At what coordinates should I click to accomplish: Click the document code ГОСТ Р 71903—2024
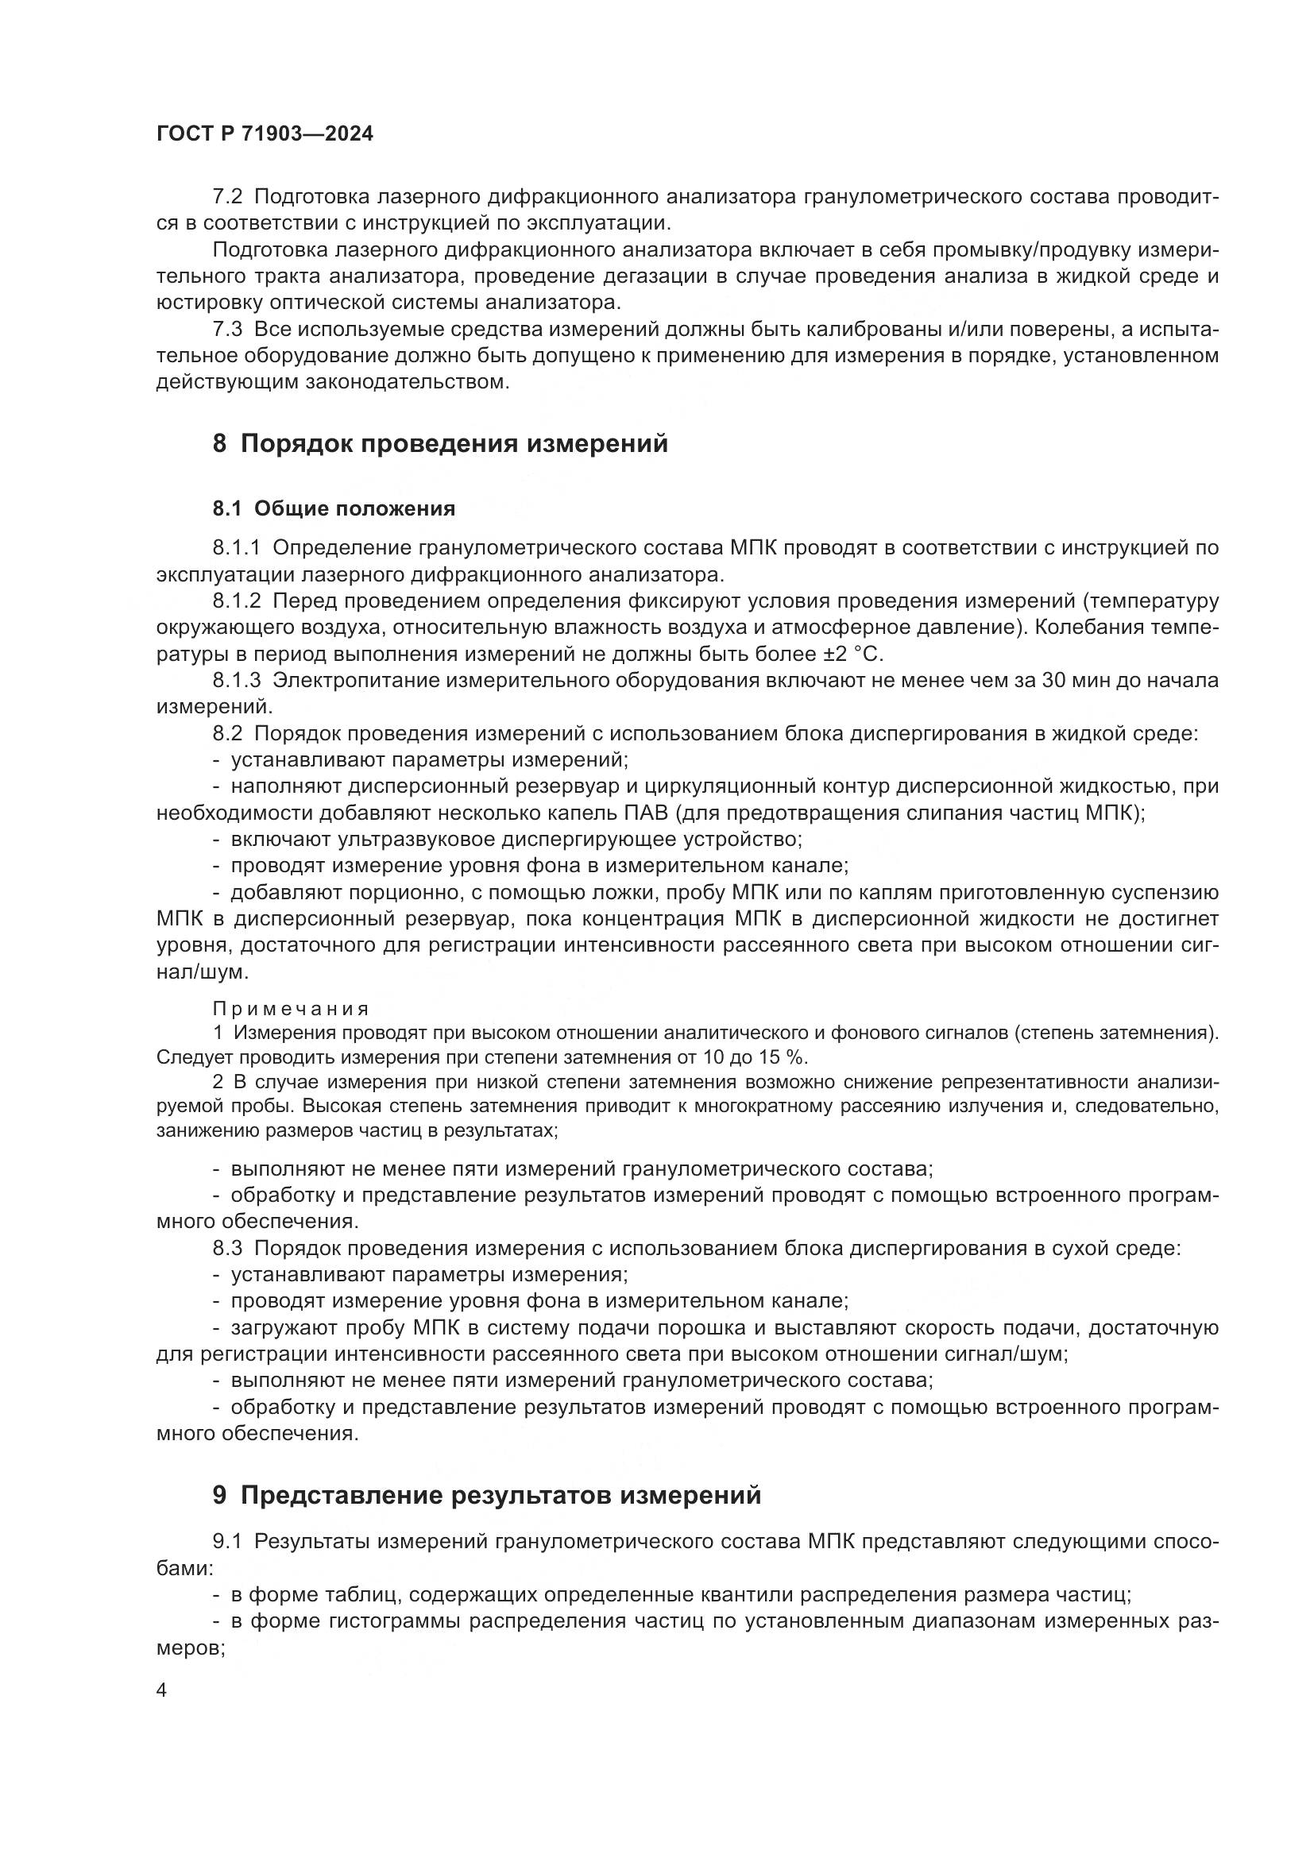coord(265,134)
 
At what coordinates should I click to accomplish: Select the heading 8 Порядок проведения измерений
coord(440,444)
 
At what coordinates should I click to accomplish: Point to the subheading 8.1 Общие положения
coord(334,508)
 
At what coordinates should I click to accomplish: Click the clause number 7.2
coord(227,197)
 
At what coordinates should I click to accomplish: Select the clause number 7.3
coord(227,330)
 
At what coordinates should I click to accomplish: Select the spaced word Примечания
coord(292,1009)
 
